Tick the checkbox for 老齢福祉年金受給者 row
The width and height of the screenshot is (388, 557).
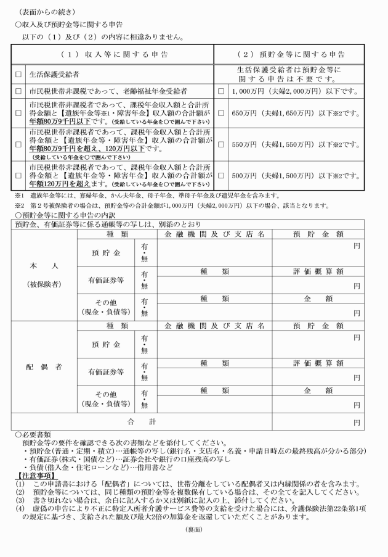tap(18, 91)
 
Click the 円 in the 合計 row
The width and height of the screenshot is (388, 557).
tap(356, 423)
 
